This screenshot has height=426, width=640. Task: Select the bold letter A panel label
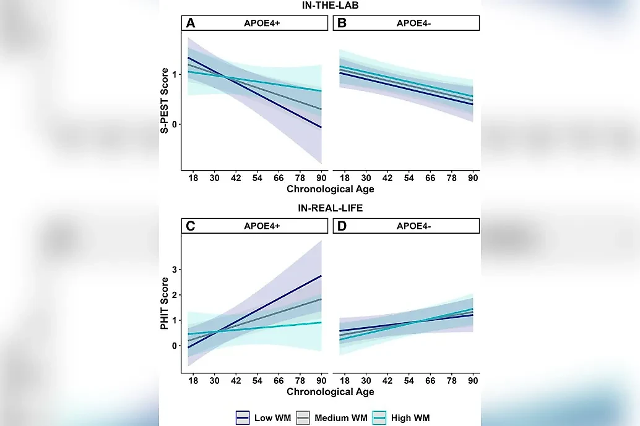tap(191, 23)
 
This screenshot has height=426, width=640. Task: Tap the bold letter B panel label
tap(340, 23)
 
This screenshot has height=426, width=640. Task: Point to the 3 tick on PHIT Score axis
tap(175, 270)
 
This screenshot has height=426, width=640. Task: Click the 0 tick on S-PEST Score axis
tap(175, 124)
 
